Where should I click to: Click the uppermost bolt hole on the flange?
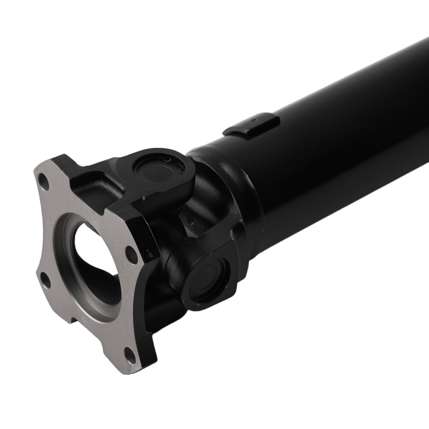click(x=42, y=178)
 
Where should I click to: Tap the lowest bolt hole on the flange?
click(x=128, y=354)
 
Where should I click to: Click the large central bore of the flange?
click(x=92, y=257)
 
